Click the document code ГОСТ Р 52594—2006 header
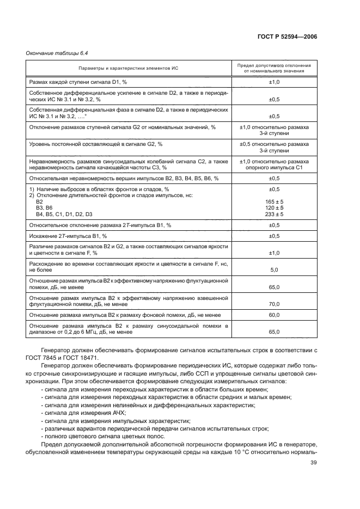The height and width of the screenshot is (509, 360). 288,36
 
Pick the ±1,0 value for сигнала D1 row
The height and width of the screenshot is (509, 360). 274,81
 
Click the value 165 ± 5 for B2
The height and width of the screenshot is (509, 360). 274,201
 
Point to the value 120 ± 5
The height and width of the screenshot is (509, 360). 274,208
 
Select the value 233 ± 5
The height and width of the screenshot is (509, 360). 274,214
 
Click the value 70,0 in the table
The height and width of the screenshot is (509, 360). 274,304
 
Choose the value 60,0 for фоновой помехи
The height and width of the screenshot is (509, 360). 274,315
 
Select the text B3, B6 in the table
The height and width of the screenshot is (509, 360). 44,208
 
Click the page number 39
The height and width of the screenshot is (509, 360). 313,463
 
